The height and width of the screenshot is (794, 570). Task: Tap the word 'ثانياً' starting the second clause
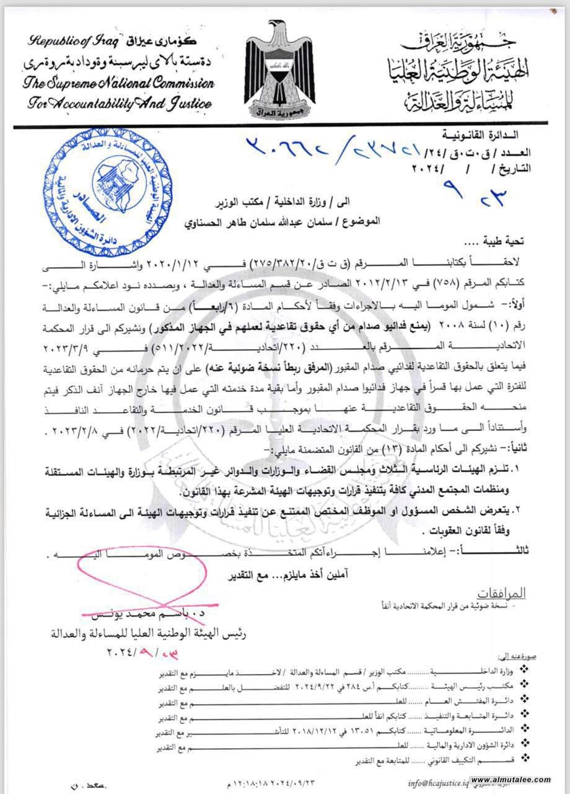click(x=512, y=447)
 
